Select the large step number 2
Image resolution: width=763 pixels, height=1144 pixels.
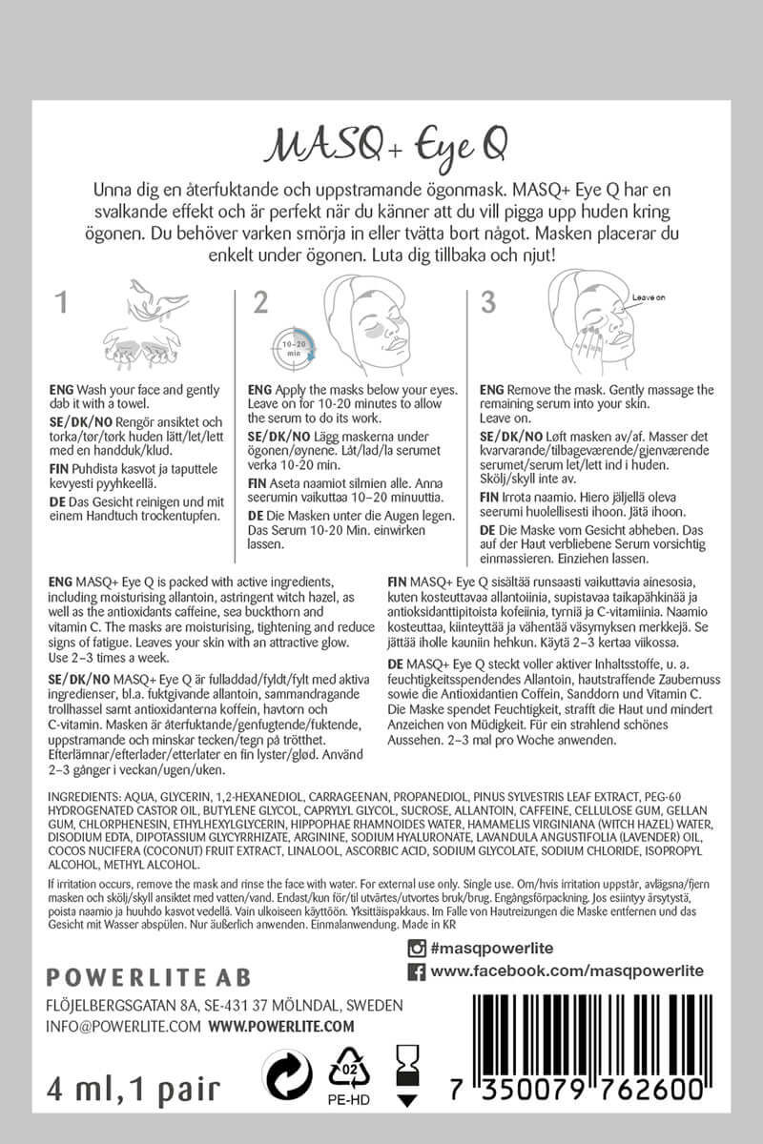pyautogui.click(x=260, y=303)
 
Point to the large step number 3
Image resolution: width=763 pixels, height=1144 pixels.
pyautogui.click(x=489, y=303)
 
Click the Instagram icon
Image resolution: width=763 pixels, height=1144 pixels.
pyautogui.click(x=416, y=948)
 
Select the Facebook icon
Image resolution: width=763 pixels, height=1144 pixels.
pyautogui.click(x=416, y=971)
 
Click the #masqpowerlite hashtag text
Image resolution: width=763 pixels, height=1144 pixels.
pyautogui.click(x=492, y=948)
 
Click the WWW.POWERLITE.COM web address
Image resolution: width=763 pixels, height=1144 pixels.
pyautogui.click(x=280, y=1026)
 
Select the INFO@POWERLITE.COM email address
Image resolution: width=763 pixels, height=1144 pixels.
pyautogui.click(x=123, y=1026)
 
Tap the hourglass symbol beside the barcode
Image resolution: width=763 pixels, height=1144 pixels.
pyautogui.click(x=408, y=1078)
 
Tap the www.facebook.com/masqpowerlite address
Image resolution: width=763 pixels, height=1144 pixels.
pyautogui.click(x=567, y=971)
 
